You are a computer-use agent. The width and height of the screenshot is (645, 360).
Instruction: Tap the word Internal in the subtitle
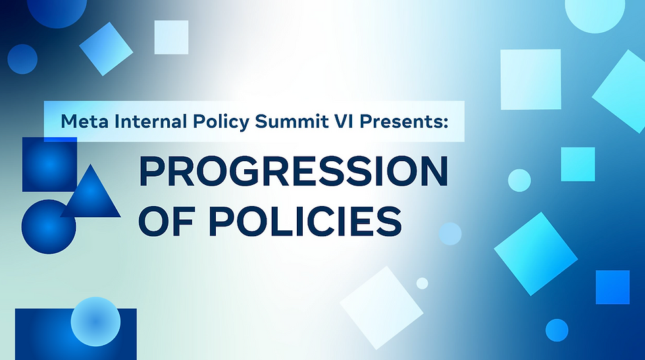click(x=136, y=121)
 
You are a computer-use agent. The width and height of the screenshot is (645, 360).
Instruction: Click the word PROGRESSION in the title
click(x=292, y=173)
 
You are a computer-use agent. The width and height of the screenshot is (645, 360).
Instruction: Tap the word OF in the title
click(x=164, y=221)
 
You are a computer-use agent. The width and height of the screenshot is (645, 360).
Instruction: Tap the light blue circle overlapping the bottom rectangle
click(x=95, y=322)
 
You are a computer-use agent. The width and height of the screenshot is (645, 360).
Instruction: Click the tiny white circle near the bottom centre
click(x=422, y=283)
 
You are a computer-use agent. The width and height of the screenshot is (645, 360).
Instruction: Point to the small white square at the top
click(x=171, y=37)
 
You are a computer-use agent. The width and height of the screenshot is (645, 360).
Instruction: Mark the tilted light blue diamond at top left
click(x=107, y=49)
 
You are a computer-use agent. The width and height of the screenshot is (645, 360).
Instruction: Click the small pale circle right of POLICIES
click(x=450, y=234)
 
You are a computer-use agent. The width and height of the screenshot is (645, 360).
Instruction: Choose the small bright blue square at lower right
click(x=612, y=287)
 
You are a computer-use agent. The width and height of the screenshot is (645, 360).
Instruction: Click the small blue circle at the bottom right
click(x=557, y=330)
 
